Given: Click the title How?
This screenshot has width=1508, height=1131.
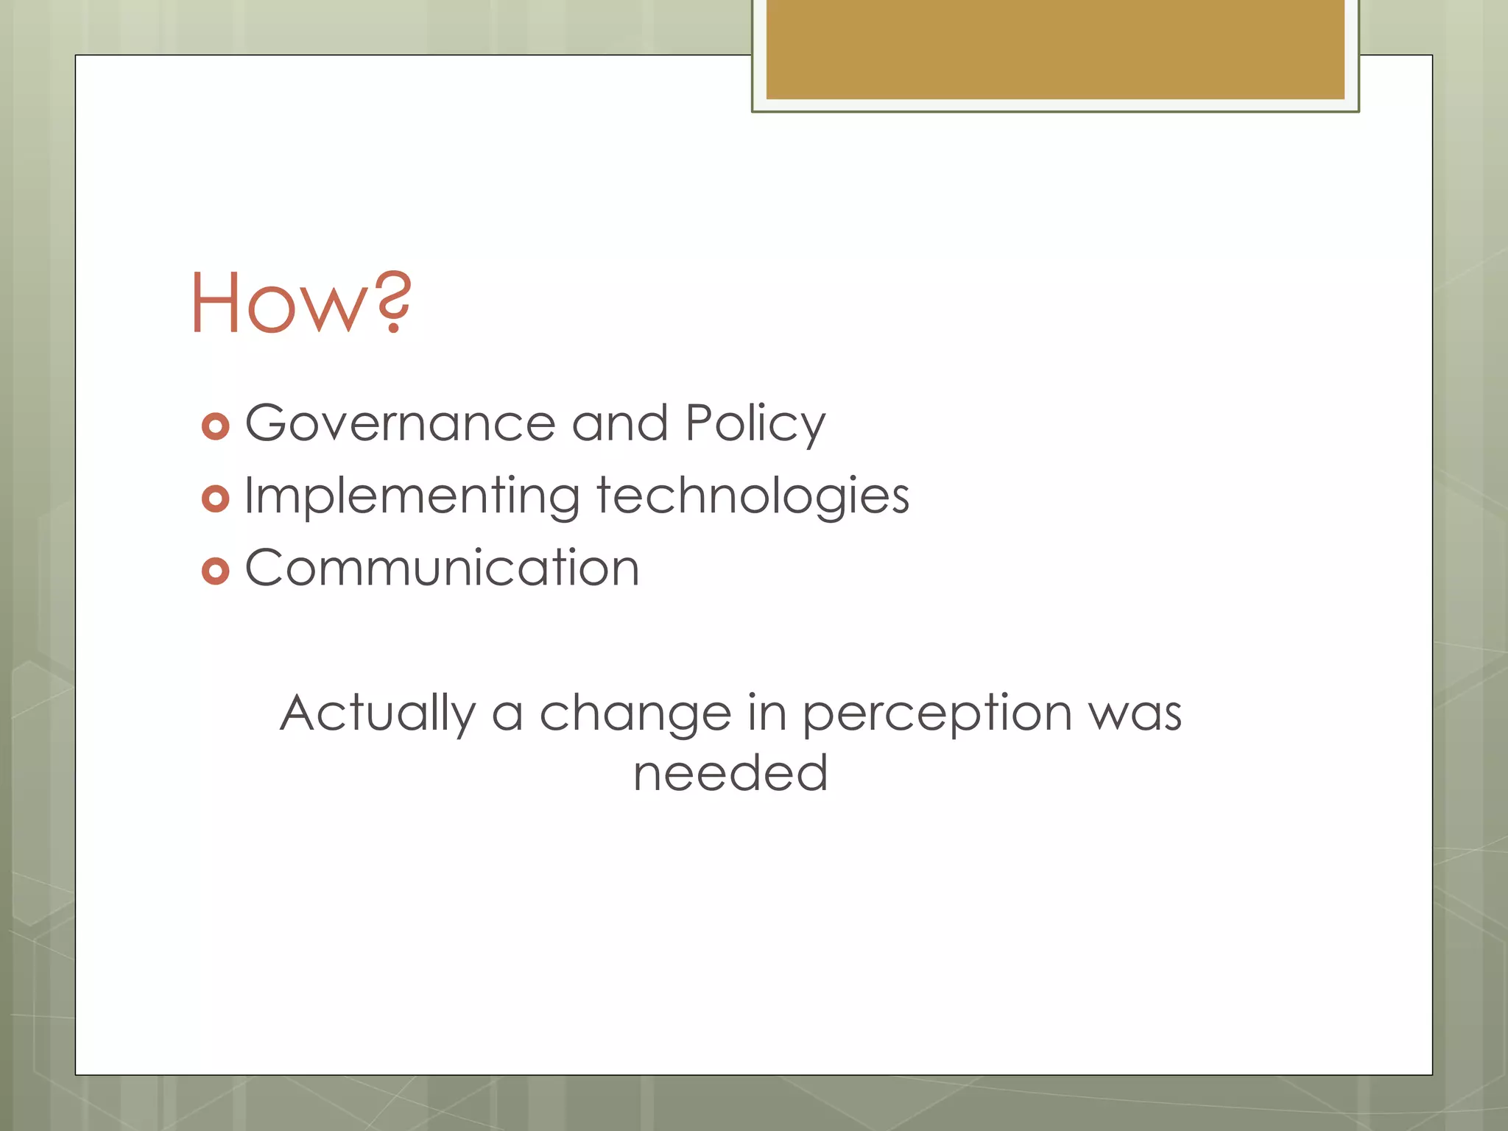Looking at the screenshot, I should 300,302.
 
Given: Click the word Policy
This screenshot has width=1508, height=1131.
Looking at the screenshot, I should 755,426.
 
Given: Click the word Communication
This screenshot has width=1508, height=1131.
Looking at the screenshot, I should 442,568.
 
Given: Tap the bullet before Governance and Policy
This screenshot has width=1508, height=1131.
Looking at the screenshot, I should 215,426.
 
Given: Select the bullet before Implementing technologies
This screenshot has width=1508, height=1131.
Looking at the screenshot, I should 215,498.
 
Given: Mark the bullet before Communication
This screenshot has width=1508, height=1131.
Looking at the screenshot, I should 215,571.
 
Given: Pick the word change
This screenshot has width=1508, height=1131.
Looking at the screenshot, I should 635,713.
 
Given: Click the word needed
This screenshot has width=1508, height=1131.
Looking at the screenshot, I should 730,772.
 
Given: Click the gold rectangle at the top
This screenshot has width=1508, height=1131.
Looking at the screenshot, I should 1054,49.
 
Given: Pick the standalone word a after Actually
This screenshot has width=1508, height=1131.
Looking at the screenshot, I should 507,715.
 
